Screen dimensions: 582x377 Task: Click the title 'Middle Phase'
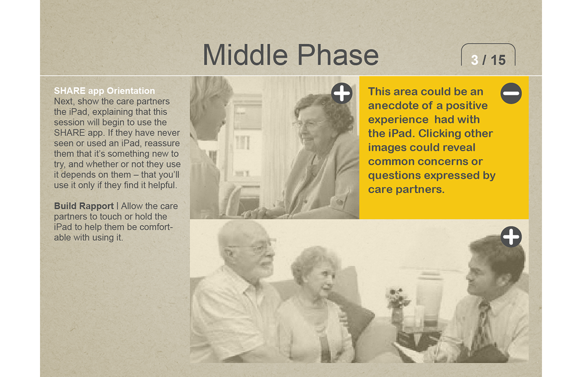click(290, 55)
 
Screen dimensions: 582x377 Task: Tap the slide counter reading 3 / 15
click(488, 60)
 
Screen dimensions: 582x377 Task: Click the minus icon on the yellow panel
click(511, 93)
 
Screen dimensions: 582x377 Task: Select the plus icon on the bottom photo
click(511, 237)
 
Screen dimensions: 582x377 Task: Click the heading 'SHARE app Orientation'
click(105, 91)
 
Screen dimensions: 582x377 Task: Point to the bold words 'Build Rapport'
click(84, 206)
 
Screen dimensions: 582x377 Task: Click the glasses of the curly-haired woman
click(309, 124)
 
